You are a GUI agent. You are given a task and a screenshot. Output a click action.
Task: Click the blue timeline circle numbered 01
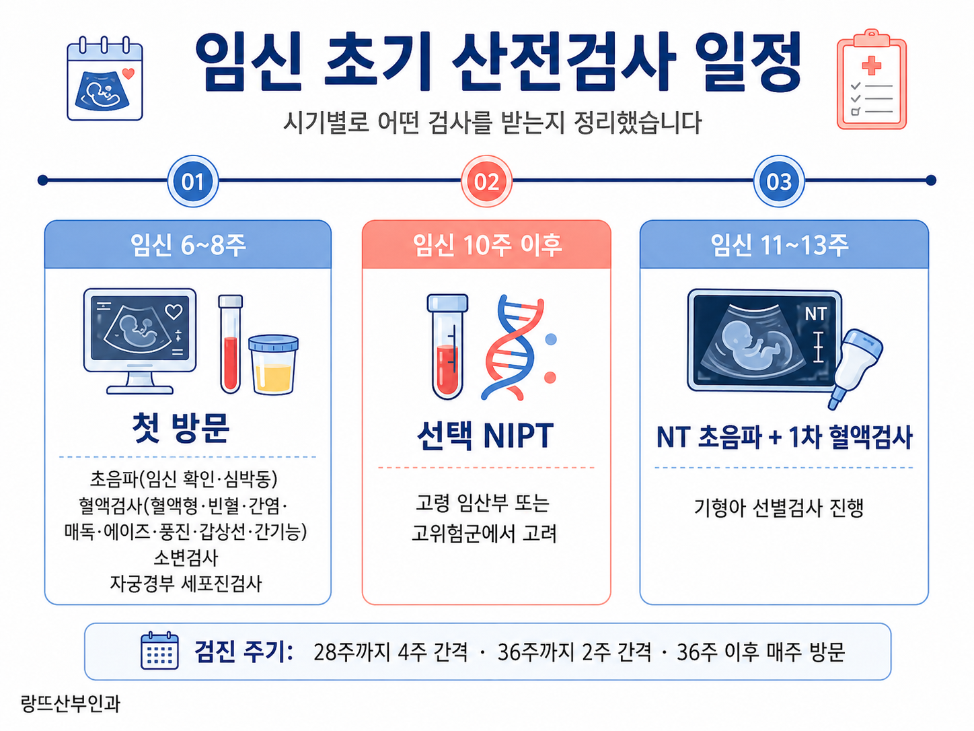192,181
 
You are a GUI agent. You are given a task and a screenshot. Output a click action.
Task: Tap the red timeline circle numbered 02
486,181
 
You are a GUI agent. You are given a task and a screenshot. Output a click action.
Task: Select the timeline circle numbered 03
779,181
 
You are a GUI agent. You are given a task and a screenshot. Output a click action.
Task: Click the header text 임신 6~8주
188,245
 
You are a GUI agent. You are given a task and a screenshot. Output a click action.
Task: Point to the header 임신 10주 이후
487,245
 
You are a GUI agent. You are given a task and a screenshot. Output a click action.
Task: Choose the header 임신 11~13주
780,245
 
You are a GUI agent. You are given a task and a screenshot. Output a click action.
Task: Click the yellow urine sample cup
273,365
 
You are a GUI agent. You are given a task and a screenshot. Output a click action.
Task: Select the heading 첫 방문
181,428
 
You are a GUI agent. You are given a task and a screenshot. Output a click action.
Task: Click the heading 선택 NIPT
486,436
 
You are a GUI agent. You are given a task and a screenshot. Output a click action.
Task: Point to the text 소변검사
186,557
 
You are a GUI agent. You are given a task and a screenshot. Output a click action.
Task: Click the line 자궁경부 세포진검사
186,583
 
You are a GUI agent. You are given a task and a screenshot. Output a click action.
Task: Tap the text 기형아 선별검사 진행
779,508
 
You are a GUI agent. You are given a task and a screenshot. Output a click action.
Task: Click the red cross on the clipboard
872,65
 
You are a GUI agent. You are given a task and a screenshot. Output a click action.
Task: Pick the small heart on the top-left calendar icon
128,73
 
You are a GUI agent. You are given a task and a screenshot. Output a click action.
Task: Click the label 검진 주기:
243,652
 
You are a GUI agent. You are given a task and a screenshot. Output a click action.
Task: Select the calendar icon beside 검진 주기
159,650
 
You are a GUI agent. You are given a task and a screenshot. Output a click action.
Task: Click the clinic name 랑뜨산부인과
71,703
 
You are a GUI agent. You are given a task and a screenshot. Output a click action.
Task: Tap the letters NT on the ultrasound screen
815,314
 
